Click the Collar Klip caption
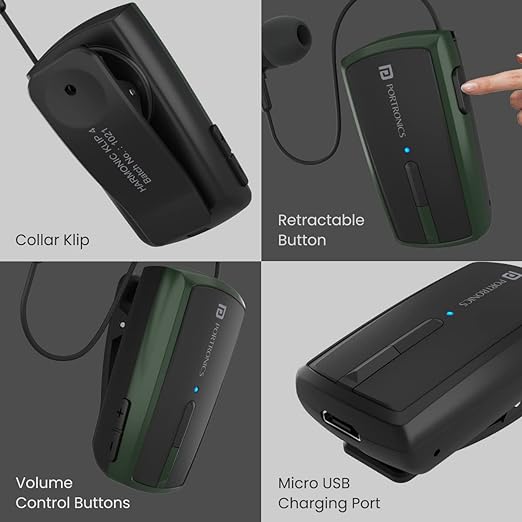click(52, 240)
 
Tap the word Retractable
click(321, 220)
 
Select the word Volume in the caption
click(44, 483)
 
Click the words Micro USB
click(314, 483)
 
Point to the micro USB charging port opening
click(341, 425)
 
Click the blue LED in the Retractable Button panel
click(407, 150)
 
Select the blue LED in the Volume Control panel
click(196, 389)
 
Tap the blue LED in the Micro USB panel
click(450, 314)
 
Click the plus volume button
click(120, 413)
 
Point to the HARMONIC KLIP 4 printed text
click(118, 159)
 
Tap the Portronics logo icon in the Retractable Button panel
click(385, 72)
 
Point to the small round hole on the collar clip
click(70, 89)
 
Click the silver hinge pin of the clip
click(123, 324)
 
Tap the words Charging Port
click(329, 504)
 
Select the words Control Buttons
click(73, 503)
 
